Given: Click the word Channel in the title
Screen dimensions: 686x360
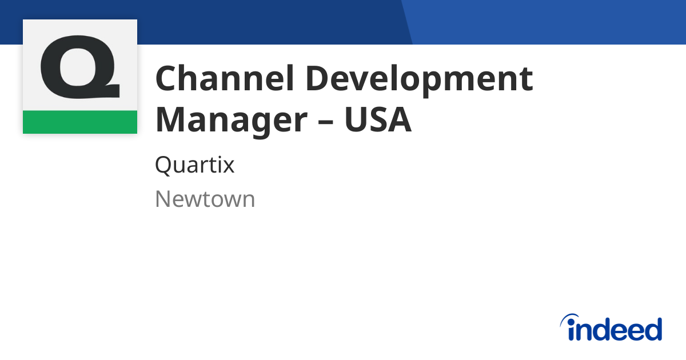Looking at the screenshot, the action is [x=225, y=78].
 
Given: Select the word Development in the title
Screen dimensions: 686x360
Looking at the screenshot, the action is [x=420, y=81].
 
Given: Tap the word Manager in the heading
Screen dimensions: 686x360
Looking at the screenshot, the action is [x=231, y=122].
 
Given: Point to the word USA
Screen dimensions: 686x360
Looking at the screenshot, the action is [x=378, y=119].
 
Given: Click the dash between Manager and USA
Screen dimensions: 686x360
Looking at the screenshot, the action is [x=325, y=121].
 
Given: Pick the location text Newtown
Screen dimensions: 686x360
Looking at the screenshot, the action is [x=205, y=199].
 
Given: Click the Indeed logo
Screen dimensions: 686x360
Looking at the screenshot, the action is [x=611, y=327].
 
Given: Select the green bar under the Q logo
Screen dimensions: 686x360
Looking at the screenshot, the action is [x=80, y=122].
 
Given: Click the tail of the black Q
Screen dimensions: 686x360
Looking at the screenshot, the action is [x=109, y=91].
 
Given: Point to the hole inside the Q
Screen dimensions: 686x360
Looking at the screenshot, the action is [x=78, y=67].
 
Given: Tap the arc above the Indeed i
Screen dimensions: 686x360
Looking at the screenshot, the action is [x=568, y=317].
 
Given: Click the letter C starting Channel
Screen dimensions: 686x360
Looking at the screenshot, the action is [x=167, y=78].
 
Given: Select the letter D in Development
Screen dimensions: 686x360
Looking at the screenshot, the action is [x=319, y=78].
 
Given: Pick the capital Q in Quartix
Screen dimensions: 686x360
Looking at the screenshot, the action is [x=166, y=166].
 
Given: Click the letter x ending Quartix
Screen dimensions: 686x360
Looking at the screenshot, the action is [x=228, y=167].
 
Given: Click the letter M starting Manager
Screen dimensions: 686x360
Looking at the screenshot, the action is [x=170, y=119].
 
